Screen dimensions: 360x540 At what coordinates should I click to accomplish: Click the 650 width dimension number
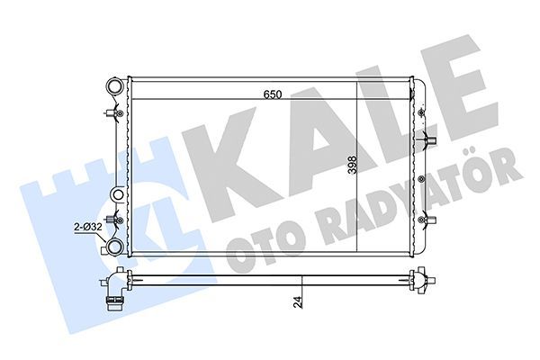[274, 93]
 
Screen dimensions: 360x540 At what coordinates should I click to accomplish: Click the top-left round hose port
[113, 88]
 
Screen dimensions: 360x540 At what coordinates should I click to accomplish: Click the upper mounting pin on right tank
[427, 141]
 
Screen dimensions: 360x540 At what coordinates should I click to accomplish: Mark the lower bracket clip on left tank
[111, 220]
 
